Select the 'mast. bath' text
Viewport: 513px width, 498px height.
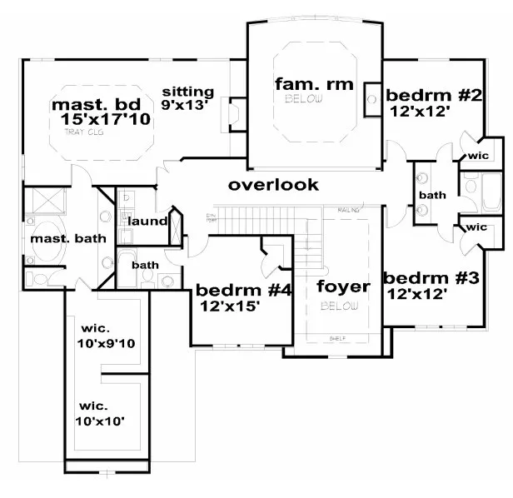[59, 240]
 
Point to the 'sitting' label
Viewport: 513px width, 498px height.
[187, 92]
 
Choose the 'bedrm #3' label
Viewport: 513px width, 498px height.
[431, 277]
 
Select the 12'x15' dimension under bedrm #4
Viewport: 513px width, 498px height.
[230, 306]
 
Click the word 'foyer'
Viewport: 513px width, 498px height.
[343, 287]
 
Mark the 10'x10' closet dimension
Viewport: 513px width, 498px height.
[101, 421]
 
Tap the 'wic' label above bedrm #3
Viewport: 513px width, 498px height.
[476, 227]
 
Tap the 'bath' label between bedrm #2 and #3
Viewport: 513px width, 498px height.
[432, 195]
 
